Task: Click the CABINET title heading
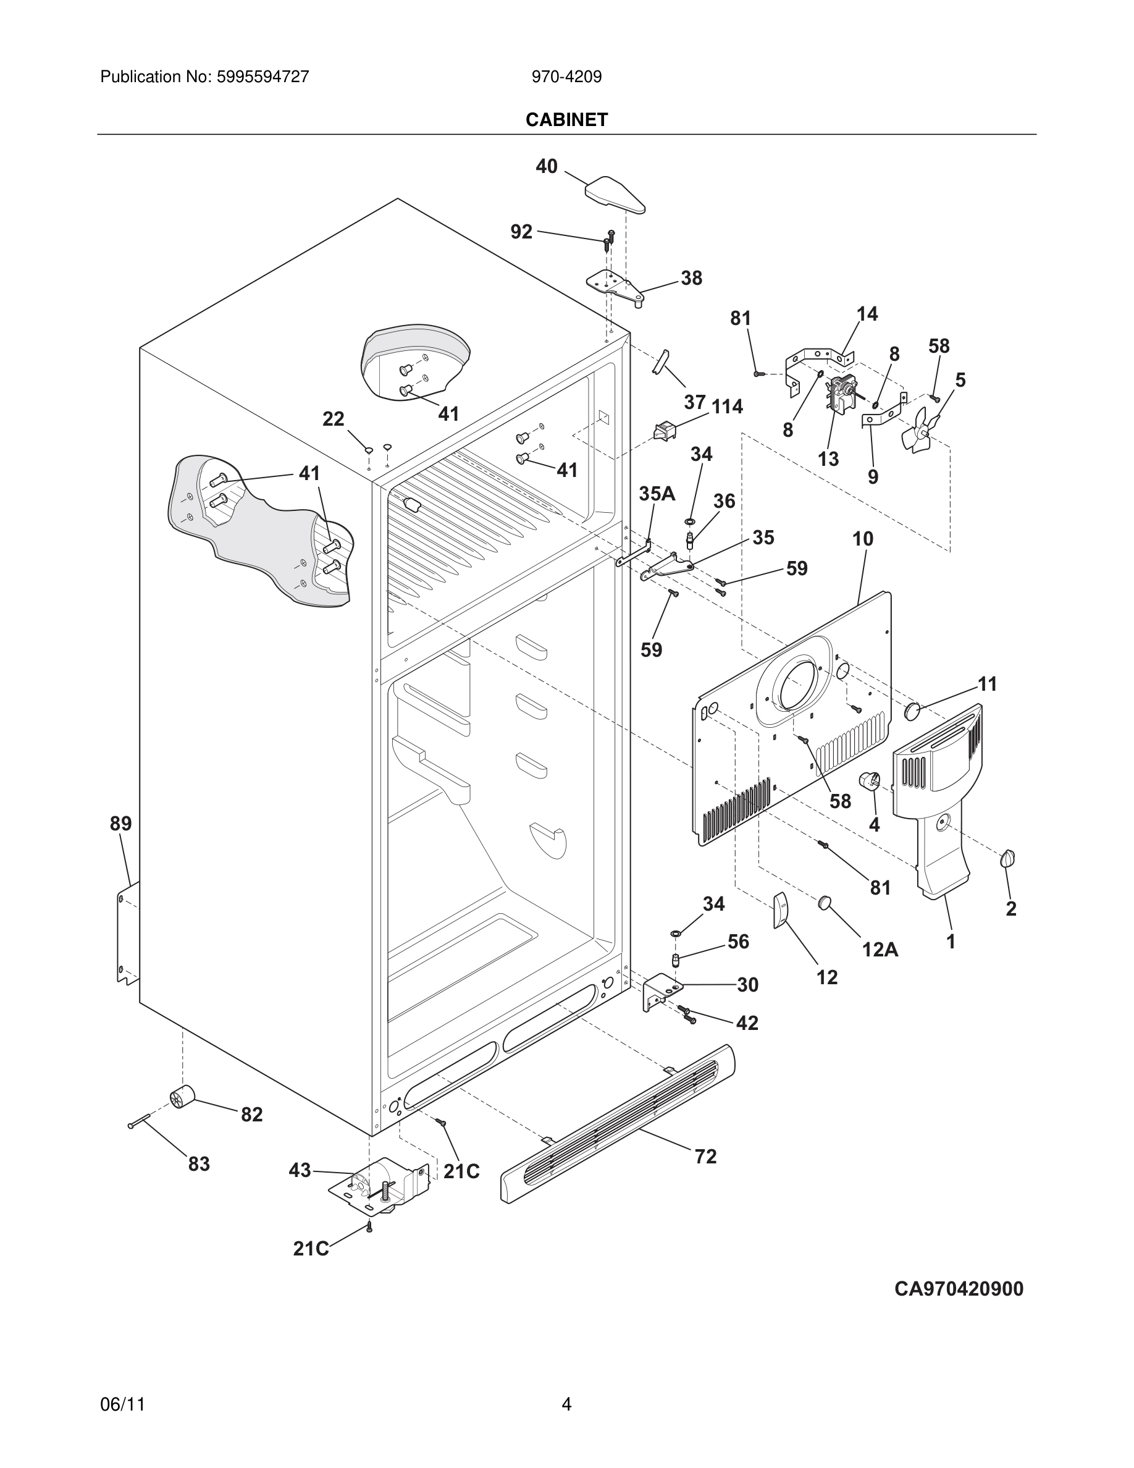click(x=566, y=120)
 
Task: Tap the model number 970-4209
click(x=566, y=77)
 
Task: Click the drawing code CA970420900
click(x=959, y=1289)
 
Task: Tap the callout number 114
click(x=727, y=407)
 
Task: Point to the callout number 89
click(x=121, y=824)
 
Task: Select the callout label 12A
click(x=880, y=949)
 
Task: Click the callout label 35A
click(x=657, y=494)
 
